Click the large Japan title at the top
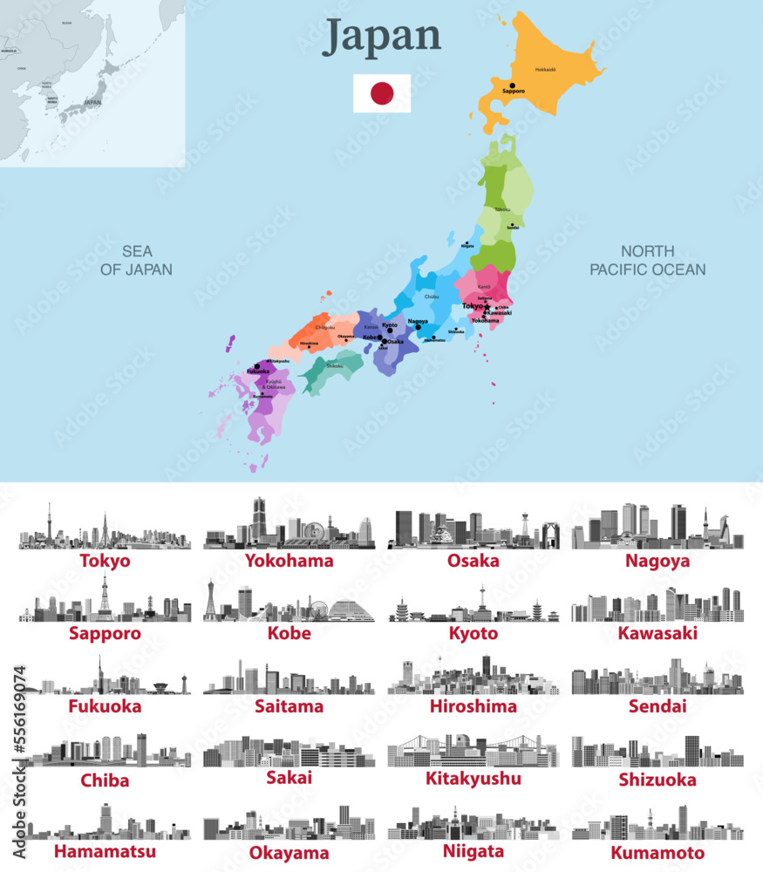pyautogui.click(x=382, y=37)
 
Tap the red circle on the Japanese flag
pyautogui.click(x=382, y=93)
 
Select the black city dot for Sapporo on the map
pyautogui.click(x=513, y=85)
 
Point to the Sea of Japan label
pyautogui.click(x=136, y=260)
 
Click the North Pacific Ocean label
pyautogui.click(x=647, y=260)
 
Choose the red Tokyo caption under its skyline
pyautogui.click(x=105, y=561)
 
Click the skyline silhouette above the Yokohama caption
pyautogui.click(x=289, y=526)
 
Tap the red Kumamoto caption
pyautogui.click(x=657, y=852)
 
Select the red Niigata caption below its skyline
pyautogui.click(x=473, y=850)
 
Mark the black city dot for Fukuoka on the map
pyautogui.click(x=256, y=366)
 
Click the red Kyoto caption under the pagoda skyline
pyautogui.click(x=473, y=633)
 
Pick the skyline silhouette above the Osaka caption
pyautogui.click(x=473, y=529)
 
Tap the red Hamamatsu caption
pyautogui.click(x=105, y=850)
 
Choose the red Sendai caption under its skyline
pyautogui.click(x=657, y=705)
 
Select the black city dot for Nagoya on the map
pyautogui.click(x=419, y=327)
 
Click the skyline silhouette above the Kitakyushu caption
pyautogui.click(x=473, y=750)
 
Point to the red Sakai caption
pyautogui.click(x=289, y=778)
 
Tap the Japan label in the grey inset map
pyautogui.click(x=92, y=102)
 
